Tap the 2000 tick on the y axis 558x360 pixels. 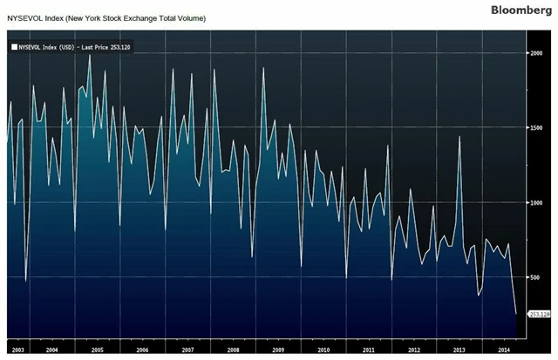tap(537, 53)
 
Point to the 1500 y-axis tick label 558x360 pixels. tap(537, 128)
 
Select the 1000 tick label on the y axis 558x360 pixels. tap(537, 202)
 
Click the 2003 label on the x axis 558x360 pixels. tap(17, 349)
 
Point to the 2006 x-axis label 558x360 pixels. tap(141, 349)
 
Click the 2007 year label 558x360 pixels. tap(187, 349)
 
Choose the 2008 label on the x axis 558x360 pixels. tap(232, 349)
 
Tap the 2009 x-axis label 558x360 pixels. tap(277, 349)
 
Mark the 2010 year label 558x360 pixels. tap(323, 349)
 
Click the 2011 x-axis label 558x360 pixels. tap(368, 349)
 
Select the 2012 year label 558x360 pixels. tap(413, 349)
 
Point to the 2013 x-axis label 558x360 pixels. tap(459, 349)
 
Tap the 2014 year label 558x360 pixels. tap(503, 349)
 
